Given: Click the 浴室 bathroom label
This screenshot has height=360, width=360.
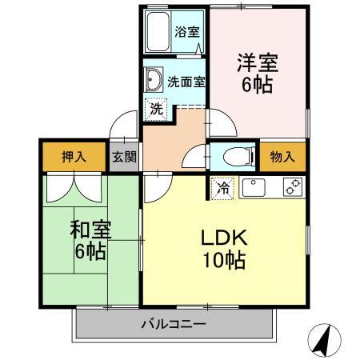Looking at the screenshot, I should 188,33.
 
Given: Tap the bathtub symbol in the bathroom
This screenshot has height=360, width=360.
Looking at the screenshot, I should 158,31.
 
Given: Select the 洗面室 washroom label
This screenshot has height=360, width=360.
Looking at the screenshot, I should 186,80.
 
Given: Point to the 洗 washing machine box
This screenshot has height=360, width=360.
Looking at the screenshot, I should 157,108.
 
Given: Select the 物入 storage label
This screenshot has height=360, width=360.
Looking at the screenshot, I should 282,157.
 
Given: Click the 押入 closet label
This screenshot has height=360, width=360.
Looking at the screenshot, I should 73,157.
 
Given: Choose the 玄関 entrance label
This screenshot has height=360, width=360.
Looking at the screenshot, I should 123,157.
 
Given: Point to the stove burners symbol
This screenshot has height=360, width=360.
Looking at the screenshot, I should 293,187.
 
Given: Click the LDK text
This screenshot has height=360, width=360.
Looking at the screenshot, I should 225,238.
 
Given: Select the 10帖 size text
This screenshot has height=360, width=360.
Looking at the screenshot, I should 225,260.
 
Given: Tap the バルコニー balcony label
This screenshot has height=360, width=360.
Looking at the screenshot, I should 174,325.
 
